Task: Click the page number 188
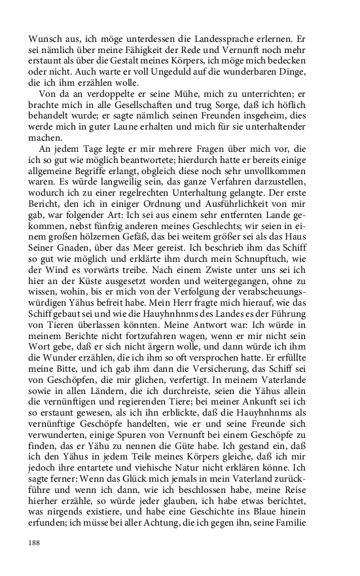click(x=34, y=543)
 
